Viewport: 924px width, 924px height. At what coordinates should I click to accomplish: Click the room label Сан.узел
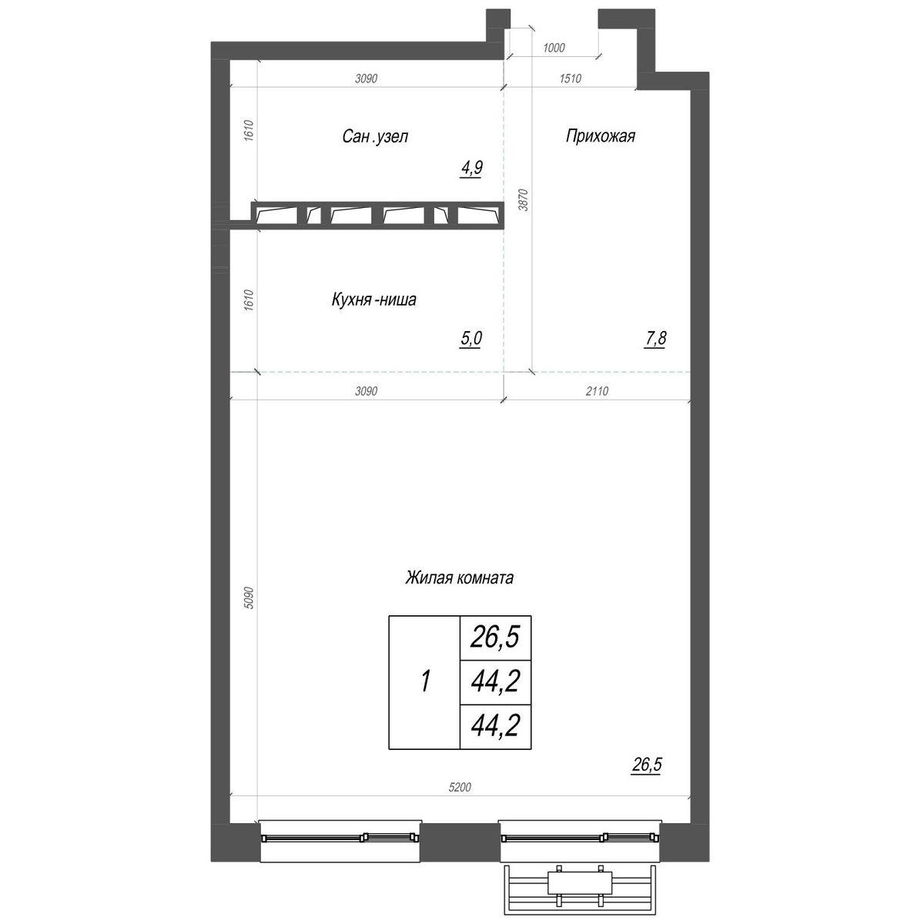(375, 136)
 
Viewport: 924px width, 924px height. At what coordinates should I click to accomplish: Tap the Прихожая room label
(601, 136)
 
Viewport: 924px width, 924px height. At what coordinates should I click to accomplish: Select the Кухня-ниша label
(374, 300)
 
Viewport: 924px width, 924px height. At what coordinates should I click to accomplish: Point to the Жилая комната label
(460, 577)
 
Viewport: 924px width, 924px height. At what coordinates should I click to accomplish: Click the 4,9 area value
(472, 169)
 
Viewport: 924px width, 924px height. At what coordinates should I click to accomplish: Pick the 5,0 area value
(471, 339)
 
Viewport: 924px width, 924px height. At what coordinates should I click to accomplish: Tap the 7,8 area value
(655, 339)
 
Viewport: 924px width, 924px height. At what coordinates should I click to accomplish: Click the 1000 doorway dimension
(554, 48)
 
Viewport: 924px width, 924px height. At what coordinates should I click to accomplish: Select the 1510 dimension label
(571, 79)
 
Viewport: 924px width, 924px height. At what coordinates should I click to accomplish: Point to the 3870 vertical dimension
(524, 200)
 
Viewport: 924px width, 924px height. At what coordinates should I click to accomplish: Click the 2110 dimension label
(597, 391)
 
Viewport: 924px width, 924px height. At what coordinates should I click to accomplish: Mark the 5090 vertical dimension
(248, 598)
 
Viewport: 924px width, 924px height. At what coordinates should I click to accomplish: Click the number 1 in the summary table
(425, 681)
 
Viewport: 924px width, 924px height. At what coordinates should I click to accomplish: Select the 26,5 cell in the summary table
(495, 638)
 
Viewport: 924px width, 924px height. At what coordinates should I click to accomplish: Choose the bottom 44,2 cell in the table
(495, 725)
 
